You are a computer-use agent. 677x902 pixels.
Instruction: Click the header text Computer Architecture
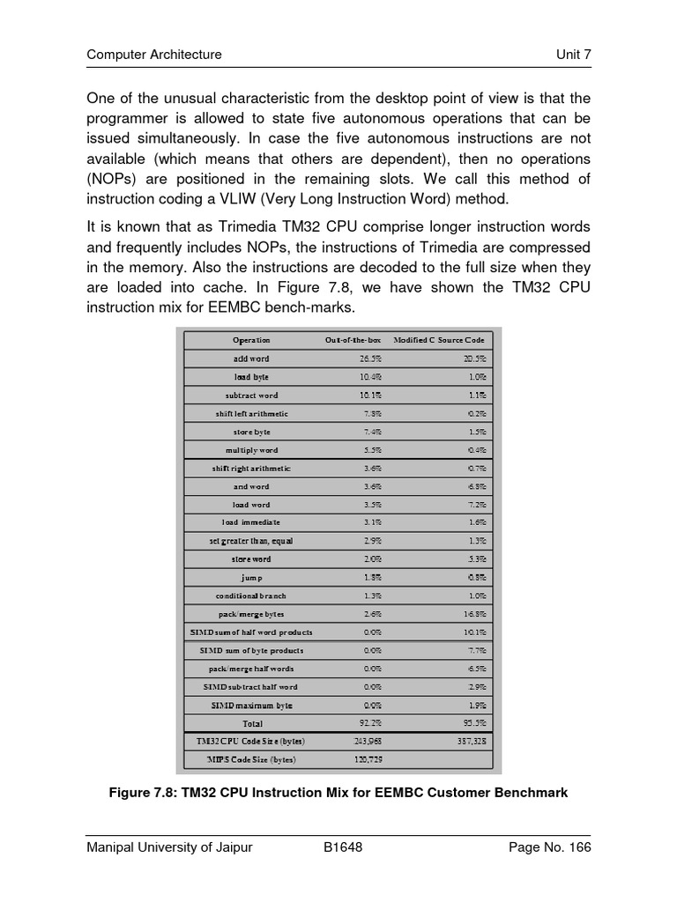pos(153,55)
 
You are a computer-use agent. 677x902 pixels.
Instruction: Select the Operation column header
pos(251,340)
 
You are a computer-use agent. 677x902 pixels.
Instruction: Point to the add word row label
pos(251,359)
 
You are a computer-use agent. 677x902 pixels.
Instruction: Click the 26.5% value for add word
pos(370,359)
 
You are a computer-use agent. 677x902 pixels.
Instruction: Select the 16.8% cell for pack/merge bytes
pos(473,614)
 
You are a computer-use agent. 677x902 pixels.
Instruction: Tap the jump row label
pos(251,578)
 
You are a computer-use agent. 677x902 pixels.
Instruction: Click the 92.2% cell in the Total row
pos(370,723)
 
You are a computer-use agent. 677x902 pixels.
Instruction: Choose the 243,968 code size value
pos(368,742)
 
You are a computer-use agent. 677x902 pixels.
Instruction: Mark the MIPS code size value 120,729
pos(368,759)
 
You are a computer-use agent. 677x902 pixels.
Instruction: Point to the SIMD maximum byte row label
pos(251,706)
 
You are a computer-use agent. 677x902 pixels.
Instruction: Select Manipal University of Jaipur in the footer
pos(169,847)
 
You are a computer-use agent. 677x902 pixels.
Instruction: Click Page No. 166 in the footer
pos(550,847)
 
